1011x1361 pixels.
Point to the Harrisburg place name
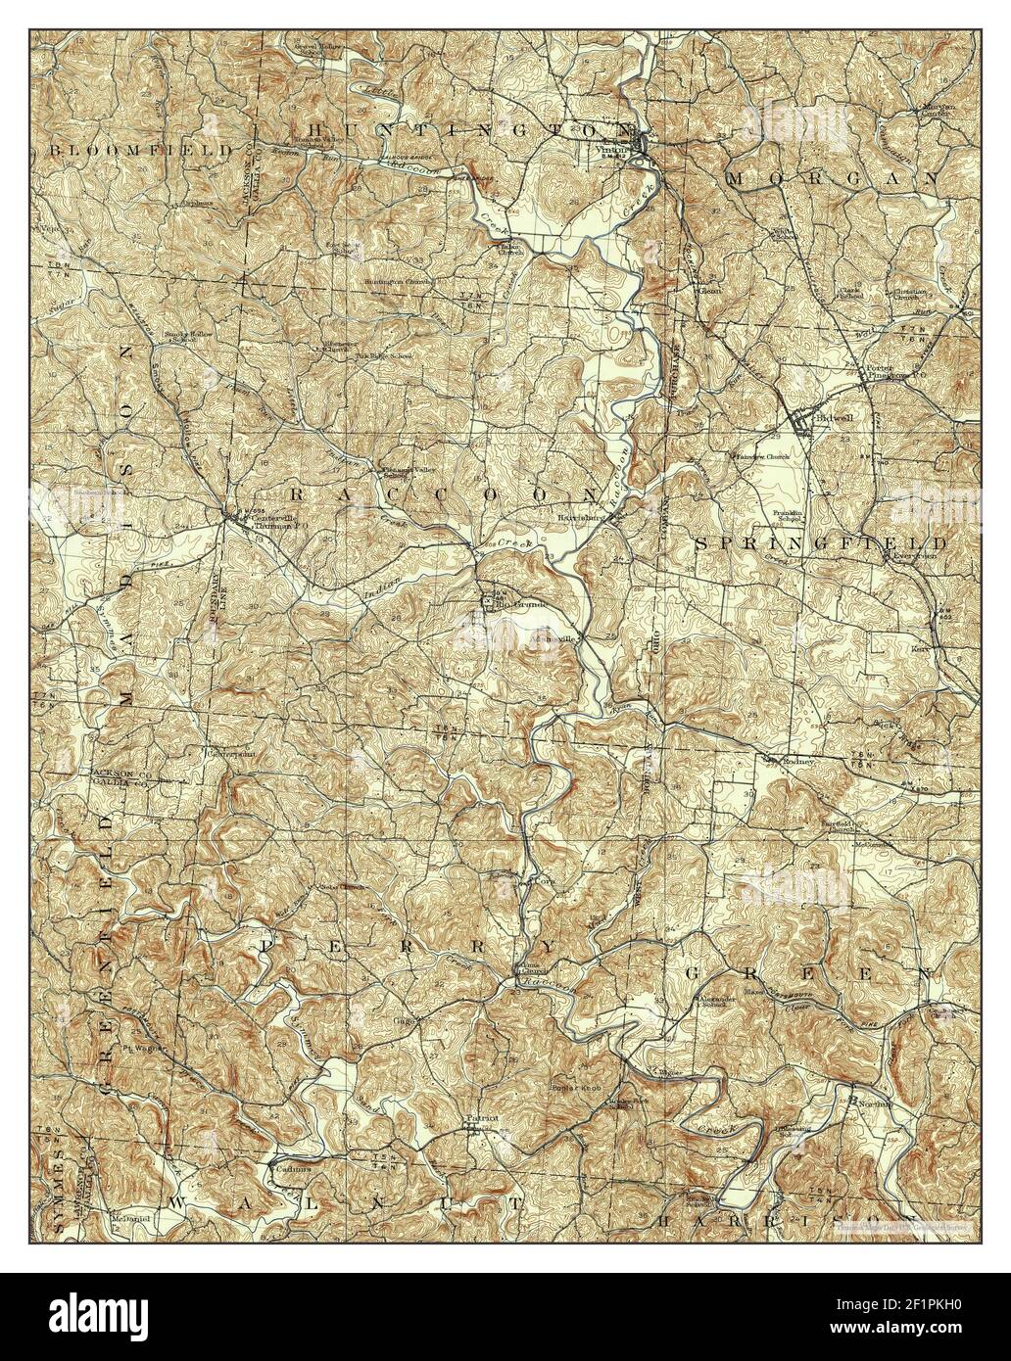point(576,515)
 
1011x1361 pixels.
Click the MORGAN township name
point(832,178)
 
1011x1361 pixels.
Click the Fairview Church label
point(762,456)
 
